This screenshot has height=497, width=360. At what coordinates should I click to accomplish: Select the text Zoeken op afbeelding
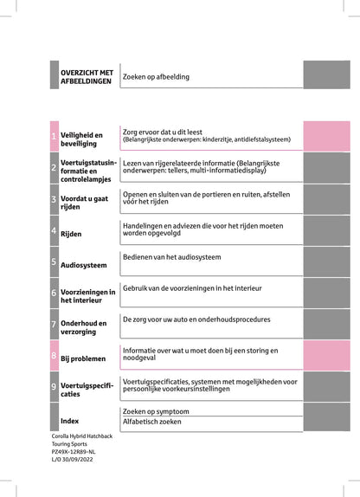pos(156,76)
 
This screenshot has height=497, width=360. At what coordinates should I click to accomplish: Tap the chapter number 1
pos(54,137)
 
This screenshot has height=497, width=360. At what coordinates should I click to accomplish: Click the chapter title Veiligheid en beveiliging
pos(81,139)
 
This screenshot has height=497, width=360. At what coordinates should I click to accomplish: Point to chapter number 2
pos(54,167)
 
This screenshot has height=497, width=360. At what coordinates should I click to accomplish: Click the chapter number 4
pos(54,231)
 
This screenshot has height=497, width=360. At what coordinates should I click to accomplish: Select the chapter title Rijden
pos(71,233)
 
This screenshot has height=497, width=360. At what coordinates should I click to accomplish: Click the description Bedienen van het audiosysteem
pos(171,258)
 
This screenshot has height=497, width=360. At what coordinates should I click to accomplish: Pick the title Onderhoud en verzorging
pos(84,327)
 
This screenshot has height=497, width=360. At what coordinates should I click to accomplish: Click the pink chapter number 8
pos(54,356)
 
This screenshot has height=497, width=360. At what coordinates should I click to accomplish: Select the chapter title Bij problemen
pos(83,358)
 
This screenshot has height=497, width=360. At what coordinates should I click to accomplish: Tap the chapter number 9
pos(54,386)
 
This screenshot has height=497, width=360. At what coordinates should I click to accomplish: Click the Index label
pos(70,421)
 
